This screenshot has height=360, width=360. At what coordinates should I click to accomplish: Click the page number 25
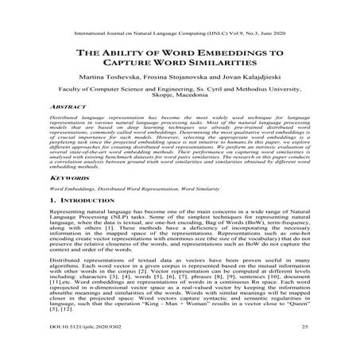[307, 348]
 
